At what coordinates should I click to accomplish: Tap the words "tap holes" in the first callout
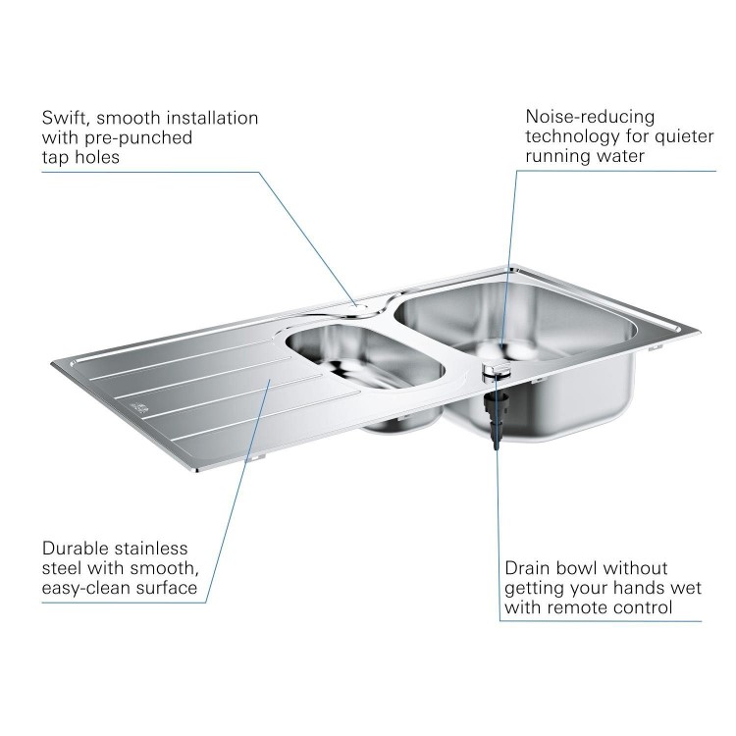[80, 157]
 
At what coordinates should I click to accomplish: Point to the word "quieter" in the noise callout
[682, 136]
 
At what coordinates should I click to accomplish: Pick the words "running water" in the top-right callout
[585, 156]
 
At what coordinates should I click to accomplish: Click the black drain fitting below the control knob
[494, 412]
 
